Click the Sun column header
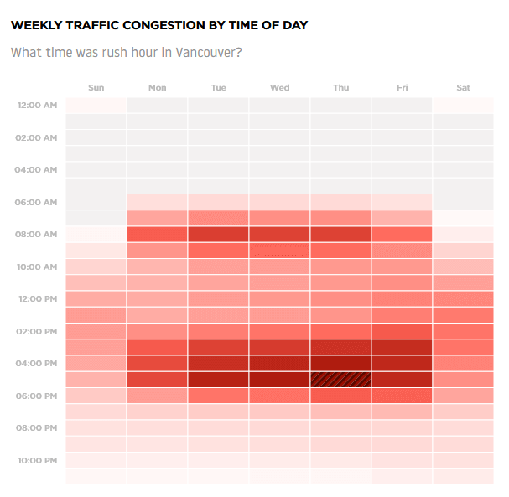tap(96, 88)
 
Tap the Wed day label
tap(279, 88)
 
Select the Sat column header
tap(463, 88)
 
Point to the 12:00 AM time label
tap(36, 106)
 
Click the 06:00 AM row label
tap(36, 202)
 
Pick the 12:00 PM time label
tap(36, 299)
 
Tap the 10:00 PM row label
tap(36, 460)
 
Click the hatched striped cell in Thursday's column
tap(340, 380)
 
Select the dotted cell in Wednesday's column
tap(279, 251)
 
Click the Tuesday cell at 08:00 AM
tap(218, 235)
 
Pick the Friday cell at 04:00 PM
tap(402, 364)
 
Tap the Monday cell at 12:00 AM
tap(157, 106)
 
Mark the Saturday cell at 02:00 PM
tap(463, 331)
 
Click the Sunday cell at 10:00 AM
tap(96, 267)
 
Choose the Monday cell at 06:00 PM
tap(157, 396)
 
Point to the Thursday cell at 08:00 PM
tap(340, 428)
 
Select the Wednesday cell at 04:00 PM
tap(279, 364)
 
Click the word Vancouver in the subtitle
tap(208, 52)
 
